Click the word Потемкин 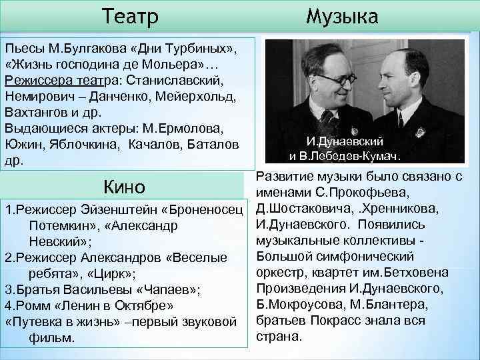click(x=63, y=226)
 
